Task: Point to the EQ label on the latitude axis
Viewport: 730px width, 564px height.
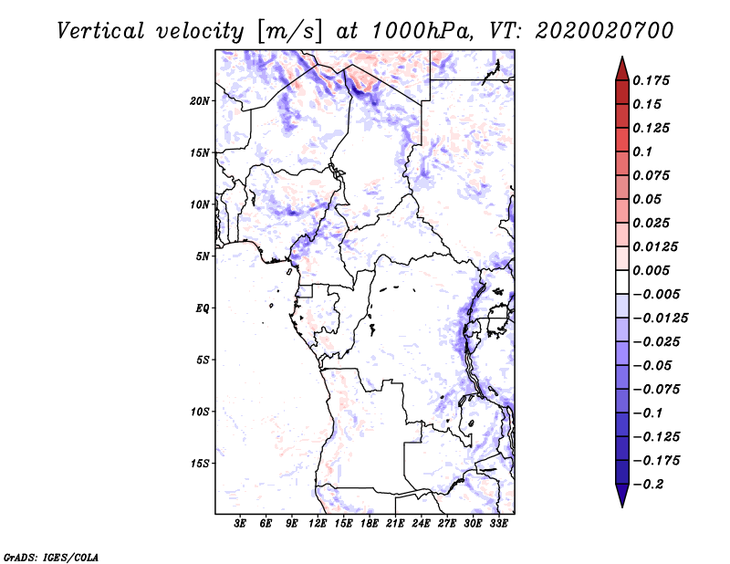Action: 203,308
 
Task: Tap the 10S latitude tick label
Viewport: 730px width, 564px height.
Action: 201,412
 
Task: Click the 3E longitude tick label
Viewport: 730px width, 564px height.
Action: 241,524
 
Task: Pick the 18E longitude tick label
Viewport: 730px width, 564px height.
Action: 370,524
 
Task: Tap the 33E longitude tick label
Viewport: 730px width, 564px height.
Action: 498,524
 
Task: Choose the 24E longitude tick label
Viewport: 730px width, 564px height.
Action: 422,524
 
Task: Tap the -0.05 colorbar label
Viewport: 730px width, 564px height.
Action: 654,366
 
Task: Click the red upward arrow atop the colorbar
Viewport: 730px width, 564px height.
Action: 621,68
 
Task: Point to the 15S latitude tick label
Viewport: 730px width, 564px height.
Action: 201,464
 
